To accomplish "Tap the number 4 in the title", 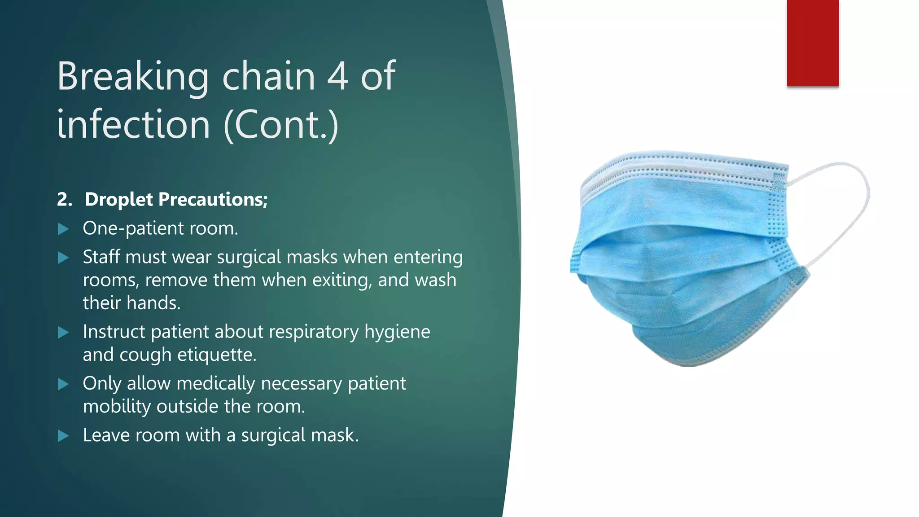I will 337,76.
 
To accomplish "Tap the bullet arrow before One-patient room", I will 63,229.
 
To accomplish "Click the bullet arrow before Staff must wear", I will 63,258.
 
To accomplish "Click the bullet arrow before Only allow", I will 63,384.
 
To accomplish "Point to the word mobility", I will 117,407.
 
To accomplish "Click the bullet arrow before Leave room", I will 63,436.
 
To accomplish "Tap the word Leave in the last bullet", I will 106,435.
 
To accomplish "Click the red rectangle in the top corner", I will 812,43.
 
